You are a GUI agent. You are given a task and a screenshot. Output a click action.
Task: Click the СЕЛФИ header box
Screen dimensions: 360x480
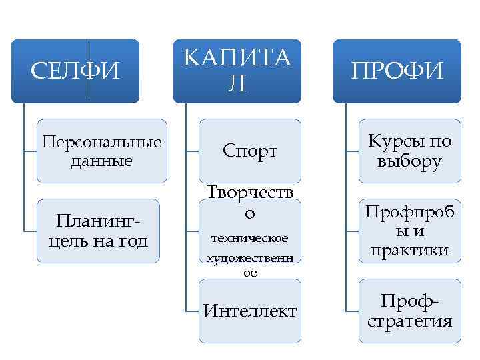click(x=75, y=71)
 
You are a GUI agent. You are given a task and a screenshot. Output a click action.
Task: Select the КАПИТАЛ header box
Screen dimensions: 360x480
click(x=237, y=71)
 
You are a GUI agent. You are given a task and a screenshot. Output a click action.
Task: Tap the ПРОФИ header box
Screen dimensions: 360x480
click(x=397, y=71)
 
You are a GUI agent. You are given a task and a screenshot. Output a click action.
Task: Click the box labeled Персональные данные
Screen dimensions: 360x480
click(x=101, y=151)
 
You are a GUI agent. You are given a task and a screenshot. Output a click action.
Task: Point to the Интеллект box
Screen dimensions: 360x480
click(x=250, y=311)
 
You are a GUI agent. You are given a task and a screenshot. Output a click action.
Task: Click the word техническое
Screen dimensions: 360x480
click(x=249, y=238)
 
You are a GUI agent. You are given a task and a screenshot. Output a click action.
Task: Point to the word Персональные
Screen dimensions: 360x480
click(x=101, y=143)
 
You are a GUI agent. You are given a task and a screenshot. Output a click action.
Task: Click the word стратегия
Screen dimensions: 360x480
click(x=410, y=321)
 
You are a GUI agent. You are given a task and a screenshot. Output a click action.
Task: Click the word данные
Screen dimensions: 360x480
click(x=101, y=161)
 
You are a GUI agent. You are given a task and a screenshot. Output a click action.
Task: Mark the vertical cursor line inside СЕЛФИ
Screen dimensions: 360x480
click(x=89, y=71)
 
